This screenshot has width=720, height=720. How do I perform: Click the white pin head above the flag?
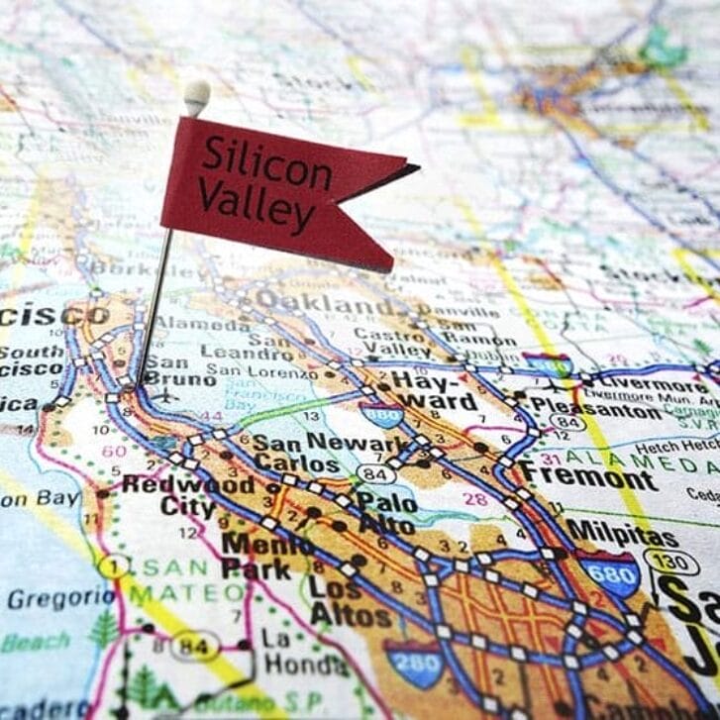(197, 96)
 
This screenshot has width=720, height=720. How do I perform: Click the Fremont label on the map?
(588, 476)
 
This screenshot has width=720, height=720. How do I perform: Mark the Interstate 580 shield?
(547, 364)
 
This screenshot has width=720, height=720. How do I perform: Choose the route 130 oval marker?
(670, 561)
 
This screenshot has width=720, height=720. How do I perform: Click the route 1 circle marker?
(113, 566)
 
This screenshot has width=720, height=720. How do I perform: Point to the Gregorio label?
(61, 597)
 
